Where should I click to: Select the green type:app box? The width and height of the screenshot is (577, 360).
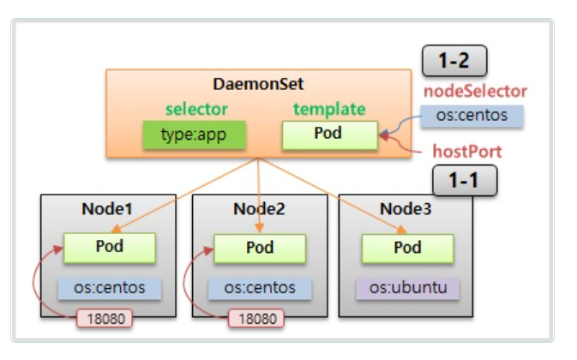(x=194, y=134)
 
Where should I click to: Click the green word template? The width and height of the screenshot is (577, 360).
(x=329, y=109)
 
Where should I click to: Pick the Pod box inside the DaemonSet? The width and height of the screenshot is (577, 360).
(x=328, y=134)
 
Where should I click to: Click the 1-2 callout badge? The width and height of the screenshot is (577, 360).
(x=454, y=63)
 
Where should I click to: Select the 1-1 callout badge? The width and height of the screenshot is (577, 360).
(x=466, y=181)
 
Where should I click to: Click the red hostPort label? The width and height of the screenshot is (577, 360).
(x=466, y=151)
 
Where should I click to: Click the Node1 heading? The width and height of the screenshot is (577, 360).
(x=108, y=209)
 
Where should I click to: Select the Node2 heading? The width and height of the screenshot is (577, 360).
(x=259, y=209)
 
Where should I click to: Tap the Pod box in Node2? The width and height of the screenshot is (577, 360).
(x=260, y=248)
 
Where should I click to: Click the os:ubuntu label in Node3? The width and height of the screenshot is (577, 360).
(x=409, y=286)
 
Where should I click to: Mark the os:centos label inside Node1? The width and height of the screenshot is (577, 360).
(x=109, y=287)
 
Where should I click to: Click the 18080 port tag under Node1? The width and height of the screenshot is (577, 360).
(x=105, y=318)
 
